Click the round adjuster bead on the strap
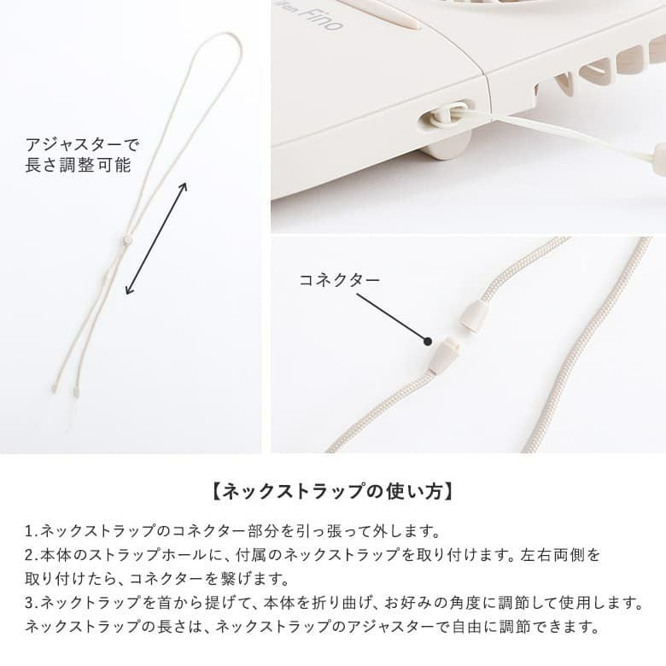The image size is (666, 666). click(x=126, y=240)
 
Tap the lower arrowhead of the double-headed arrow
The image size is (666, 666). click(x=127, y=291)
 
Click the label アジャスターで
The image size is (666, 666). click(x=82, y=145)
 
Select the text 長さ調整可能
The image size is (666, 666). click(x=79, y=166)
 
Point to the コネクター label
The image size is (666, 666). click(x=339, y=280)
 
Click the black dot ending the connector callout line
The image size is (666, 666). click(x=428, y=341)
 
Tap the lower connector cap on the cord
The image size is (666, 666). click(x=444, y=354)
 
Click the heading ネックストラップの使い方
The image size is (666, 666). click(x=333, y=492)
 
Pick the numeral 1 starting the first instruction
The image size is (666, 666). click(x=29, y=531)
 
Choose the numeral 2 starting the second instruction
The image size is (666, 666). click(x=29, y=555)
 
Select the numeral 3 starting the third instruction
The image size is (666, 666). click(x=29, y=603)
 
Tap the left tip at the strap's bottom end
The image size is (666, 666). click(x=54, y=388)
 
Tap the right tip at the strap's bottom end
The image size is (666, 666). click(x=76, y=390)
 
